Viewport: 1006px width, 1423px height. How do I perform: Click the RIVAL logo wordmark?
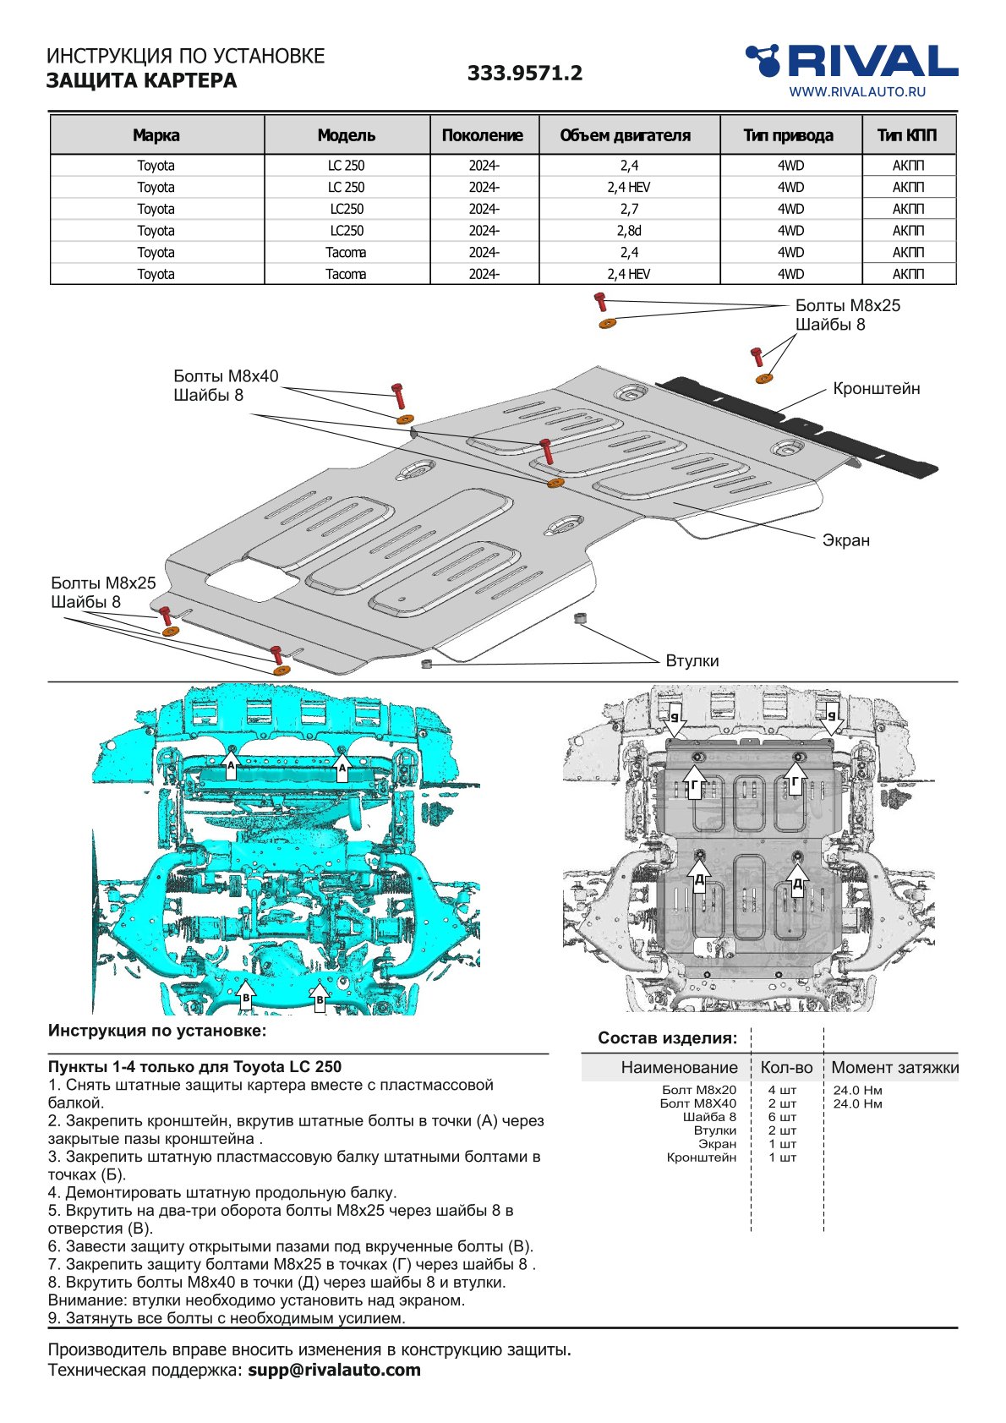871,62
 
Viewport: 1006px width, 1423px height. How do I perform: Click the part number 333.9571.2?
525,74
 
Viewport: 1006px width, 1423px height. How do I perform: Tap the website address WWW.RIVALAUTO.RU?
856,92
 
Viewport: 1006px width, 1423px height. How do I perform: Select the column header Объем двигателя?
625,135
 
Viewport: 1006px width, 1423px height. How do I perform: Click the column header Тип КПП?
907,135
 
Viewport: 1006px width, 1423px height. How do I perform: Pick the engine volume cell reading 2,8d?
628,231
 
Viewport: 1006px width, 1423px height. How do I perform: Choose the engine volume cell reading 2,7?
628,209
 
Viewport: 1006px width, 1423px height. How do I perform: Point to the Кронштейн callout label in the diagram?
876,389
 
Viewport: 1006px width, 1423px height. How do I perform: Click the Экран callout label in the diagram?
845,540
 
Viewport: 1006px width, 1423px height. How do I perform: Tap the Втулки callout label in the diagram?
692,661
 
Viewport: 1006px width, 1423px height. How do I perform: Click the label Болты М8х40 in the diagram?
226,376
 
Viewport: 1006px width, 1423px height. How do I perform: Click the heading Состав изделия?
667,1038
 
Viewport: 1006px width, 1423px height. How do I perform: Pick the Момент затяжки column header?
894,1068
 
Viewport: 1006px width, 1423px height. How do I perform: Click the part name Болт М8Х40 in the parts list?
697,1103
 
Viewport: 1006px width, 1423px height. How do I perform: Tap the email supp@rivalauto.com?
334,1370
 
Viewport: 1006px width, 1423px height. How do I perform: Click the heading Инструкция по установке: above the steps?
157,1031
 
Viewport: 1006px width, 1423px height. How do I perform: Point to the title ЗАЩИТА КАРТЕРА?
141,81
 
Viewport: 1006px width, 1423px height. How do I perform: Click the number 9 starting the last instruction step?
52,1318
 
